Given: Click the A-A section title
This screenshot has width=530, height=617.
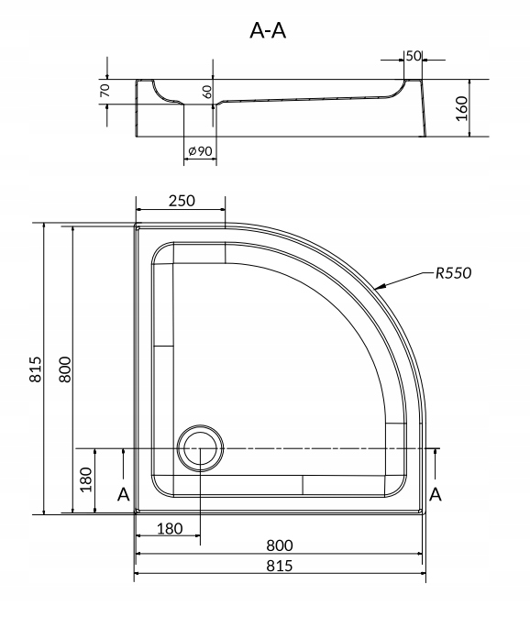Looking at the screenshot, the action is pyautogui.click(x=268, y=30).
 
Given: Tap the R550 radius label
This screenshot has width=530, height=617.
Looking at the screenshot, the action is pyautogui.click(x=453, y=272).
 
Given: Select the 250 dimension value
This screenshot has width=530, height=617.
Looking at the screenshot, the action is pyautogui.click(x=182, y=201).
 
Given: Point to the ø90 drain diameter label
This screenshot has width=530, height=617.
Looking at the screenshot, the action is pyautogui.click(x=200, y=150).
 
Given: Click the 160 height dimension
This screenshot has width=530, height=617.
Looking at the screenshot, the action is pyautogui.click(x=461, y=108).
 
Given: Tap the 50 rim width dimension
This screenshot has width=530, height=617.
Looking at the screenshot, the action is pyautogui.click(x=414, y=56).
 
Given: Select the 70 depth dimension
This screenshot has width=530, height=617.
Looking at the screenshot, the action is pyautogui.click(x=105, y=91).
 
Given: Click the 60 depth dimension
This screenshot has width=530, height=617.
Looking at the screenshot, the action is pyautogui.click(x=207, y=92).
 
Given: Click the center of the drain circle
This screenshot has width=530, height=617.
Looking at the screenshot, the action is pyautogui.click(x=200, y=448).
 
